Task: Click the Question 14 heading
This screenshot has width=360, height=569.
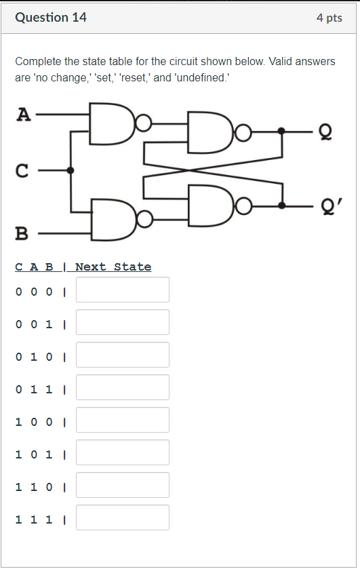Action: [51, 18]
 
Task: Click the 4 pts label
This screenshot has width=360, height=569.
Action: [329, 18]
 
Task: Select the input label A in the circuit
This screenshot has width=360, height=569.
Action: [23, 115]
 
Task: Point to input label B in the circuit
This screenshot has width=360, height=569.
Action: [22, 235]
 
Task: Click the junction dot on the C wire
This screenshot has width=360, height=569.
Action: [71, 170]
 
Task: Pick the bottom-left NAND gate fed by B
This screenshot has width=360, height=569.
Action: [112, 219]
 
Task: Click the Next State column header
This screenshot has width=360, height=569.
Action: [113, 267]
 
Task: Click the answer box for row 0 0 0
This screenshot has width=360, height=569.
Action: [123, 290]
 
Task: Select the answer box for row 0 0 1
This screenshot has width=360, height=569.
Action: [123, 322]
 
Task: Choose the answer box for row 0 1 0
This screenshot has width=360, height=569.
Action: [123, 355]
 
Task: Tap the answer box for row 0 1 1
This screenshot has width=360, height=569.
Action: [123, 387]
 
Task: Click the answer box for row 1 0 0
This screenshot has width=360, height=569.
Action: [123, 420]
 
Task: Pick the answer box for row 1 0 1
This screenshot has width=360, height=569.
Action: [123, 452]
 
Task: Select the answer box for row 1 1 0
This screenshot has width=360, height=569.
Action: [123, 485]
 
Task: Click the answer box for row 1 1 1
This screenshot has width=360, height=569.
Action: [123, 517]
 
